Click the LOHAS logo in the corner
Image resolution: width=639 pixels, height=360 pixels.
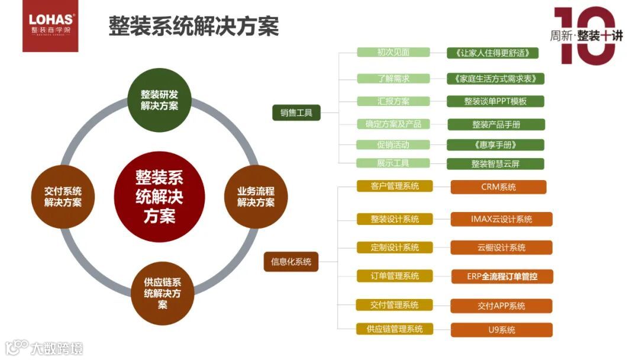[50, 27]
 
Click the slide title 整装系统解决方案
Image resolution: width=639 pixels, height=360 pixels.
[193, 27]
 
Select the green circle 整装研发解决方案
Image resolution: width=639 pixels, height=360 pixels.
[159, 100]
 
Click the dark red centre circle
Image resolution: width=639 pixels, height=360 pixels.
[159, 196]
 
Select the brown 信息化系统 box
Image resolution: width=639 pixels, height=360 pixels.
[291, 262]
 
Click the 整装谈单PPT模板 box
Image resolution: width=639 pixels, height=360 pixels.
[495, 101]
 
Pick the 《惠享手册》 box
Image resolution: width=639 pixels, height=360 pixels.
[495, 145]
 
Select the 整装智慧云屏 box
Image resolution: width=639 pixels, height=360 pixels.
[495, 164]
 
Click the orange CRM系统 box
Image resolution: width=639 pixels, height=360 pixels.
[498, 187]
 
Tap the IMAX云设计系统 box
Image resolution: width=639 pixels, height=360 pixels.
[501, 219]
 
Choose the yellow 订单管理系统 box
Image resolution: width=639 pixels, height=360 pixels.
[395, 276]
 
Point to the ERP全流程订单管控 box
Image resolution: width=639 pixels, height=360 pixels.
[502, 276]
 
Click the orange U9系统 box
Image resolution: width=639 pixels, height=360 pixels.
[501, 330]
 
